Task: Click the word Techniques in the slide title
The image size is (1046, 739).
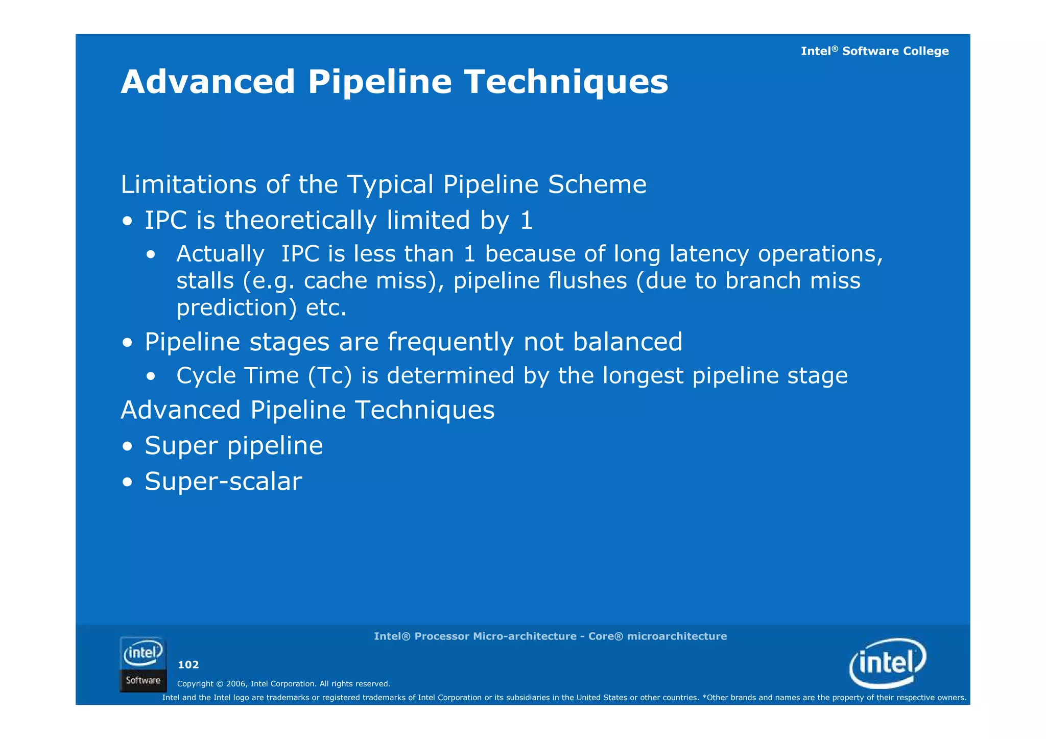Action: [565, 82]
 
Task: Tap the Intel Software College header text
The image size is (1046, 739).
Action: [874, 51]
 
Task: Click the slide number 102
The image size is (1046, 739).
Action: [188, 664]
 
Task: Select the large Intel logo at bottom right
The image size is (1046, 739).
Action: [888, 663]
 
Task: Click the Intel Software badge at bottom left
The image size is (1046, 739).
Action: [143, 664]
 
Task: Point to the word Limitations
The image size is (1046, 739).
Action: [188, 184]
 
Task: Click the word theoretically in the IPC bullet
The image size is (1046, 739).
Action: [300, 221]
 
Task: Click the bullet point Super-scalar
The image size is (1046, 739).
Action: [223, 482]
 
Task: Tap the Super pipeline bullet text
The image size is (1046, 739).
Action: [233, 446]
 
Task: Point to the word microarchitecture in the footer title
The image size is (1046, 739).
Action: [677, 636]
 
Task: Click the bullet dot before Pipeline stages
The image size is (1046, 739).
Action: [128, 343]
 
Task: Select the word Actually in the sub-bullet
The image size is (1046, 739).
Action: [220, 254]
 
